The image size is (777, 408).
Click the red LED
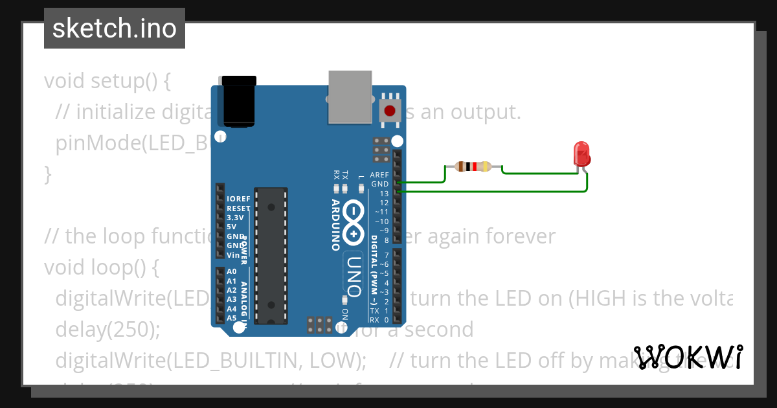582,155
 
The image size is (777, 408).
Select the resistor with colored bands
473,166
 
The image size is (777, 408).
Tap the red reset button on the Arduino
390,111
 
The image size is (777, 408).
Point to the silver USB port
350,96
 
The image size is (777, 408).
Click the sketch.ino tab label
115,28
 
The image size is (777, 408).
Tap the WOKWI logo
688,357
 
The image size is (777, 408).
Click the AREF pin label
379,175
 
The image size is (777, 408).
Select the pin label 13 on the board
384,194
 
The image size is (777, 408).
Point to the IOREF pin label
238,199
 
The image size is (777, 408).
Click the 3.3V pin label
235,218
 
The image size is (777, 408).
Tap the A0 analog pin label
232,271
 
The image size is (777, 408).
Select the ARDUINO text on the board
336,224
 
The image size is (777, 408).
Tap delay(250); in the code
107,330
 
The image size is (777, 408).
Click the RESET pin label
238,209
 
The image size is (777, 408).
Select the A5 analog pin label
232,318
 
